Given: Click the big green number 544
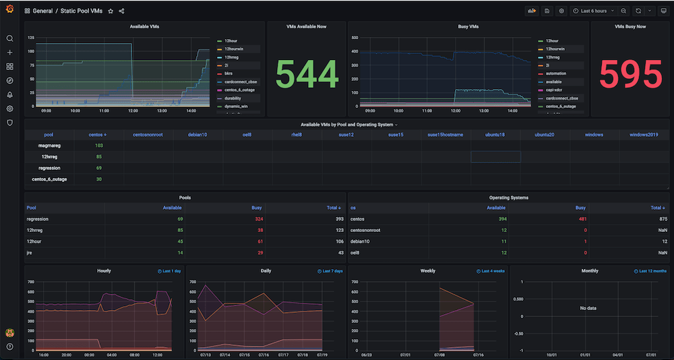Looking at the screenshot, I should [x=307, y=74].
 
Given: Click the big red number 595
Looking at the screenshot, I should [x=631, y=74].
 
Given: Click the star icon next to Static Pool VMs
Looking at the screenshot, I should [x=111, y=11].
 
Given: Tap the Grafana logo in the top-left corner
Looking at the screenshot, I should [x=9, y=11].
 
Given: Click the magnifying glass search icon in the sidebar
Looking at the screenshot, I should [x=9, y=38].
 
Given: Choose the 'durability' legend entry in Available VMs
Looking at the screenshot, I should [x=233, y=98].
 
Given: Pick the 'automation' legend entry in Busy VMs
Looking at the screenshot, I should [x=556, y=73].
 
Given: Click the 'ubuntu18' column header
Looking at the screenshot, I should [x=495, y=134].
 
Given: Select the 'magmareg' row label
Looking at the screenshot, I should [x=49, y=146].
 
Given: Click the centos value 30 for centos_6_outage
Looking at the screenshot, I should [x=99, y=179].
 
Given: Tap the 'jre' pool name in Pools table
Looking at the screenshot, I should [x=30, y=252].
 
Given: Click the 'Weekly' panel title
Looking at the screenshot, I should [x=427, y=271].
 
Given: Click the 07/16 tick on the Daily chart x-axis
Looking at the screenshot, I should [x=264, y=355].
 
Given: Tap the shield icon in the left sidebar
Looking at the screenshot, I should [x=9, y=123].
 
